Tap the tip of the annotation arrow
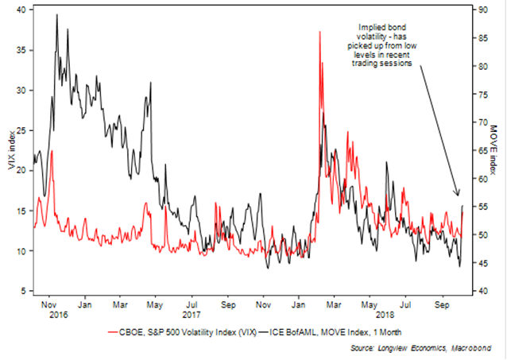point(459,195)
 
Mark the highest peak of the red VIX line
point(319,32)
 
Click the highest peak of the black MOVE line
point(57,15)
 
